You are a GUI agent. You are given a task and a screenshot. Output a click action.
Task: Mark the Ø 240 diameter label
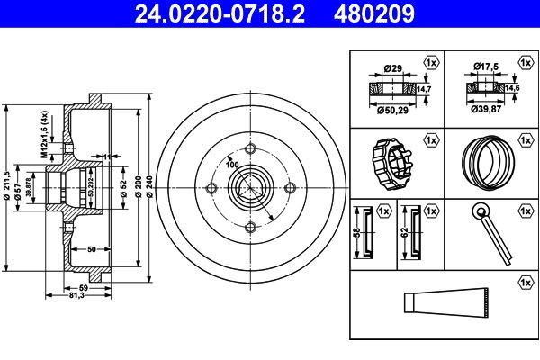(x=148, y=187)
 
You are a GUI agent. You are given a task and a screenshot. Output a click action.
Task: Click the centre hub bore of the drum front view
(x=250, y=187)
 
